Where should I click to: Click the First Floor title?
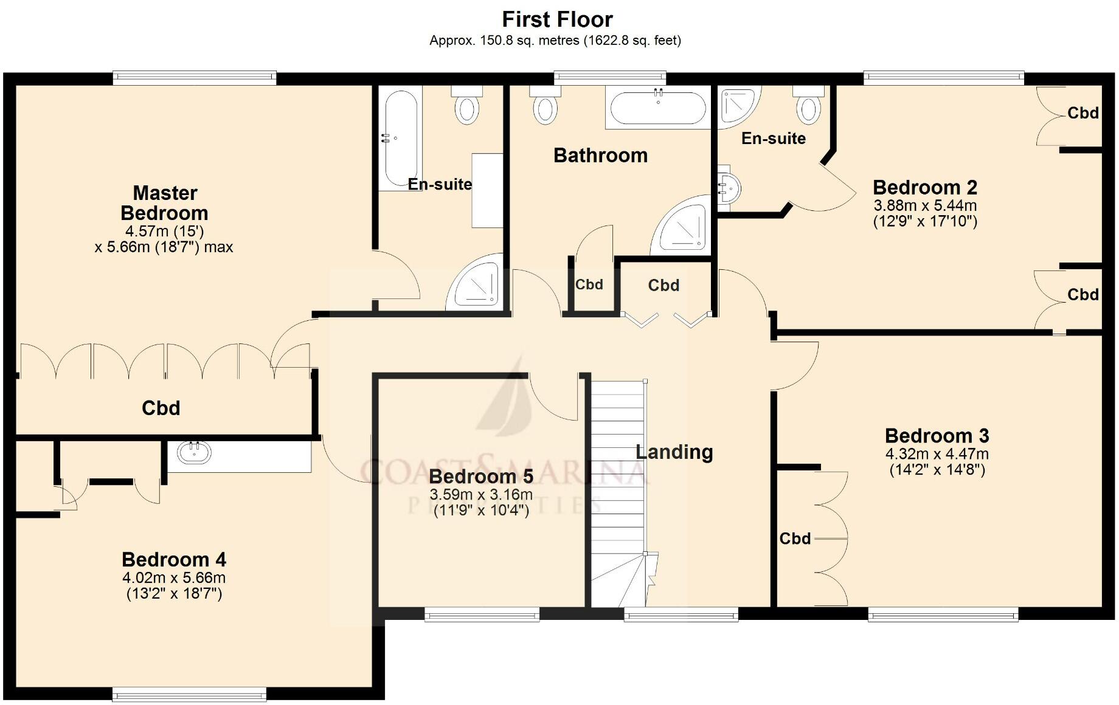pyautogui.click(x=557, y=19)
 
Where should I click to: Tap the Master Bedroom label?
pyautogui.click(x=164, y=203)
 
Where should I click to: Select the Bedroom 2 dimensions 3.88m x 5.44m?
pyautogui.click(x=925, y=205)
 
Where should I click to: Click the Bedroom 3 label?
pyautogui.click(x=937, y=436)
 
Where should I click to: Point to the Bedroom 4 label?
pyautogui.click(x=174, y=559)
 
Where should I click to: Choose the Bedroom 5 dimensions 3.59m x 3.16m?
pyautogui.click(x=481, y=495)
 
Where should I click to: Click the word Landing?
pyautogui.click(x=674, y=452)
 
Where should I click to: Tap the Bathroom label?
pyautogui.click(x=600, y=156)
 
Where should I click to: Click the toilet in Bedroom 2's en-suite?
pyautogui.click(x=808, y=108)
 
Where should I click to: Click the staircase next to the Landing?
pyautogui.click(x=617, y=486)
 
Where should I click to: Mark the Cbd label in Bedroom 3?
pyautogui.click(x=795, y=538)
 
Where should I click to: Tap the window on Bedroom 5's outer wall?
pyautogui.click(x=482, y=615)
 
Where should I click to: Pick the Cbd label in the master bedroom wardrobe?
pyautogui.click(x=161, y=408)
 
